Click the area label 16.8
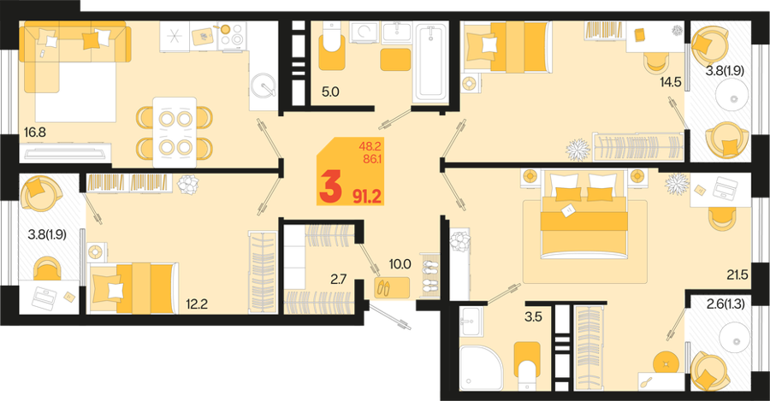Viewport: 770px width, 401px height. point(35,132)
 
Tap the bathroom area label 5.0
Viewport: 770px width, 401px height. point(330,91)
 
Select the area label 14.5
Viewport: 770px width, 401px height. point(671,82)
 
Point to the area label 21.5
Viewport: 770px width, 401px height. point(737,274)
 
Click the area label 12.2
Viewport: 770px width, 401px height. point(197,304)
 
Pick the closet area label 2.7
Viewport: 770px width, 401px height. point(338,280)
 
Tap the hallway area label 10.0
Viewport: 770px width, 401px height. point(400,264)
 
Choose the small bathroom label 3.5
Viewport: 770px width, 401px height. point(533,317)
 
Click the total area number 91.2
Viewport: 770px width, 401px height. point(367,197)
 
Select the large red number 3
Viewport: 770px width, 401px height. point(330,188)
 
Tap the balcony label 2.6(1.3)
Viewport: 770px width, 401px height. point(726,304)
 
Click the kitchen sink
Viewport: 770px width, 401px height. point(264,86)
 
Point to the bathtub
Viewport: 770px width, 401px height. point(430,62)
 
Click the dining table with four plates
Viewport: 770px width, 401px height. point(175,133)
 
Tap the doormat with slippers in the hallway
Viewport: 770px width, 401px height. point(392,287)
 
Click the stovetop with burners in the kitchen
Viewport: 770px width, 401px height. point(232,35)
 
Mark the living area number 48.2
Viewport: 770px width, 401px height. point(370,145)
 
